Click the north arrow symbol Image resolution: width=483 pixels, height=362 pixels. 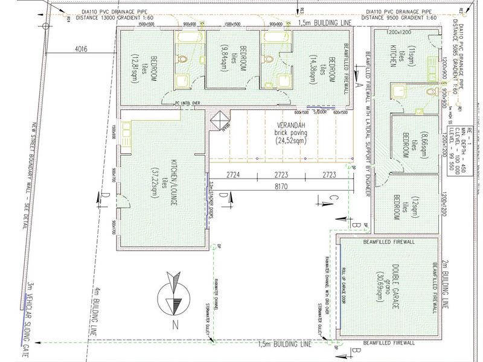173,295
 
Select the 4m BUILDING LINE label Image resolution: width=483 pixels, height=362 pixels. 96,319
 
